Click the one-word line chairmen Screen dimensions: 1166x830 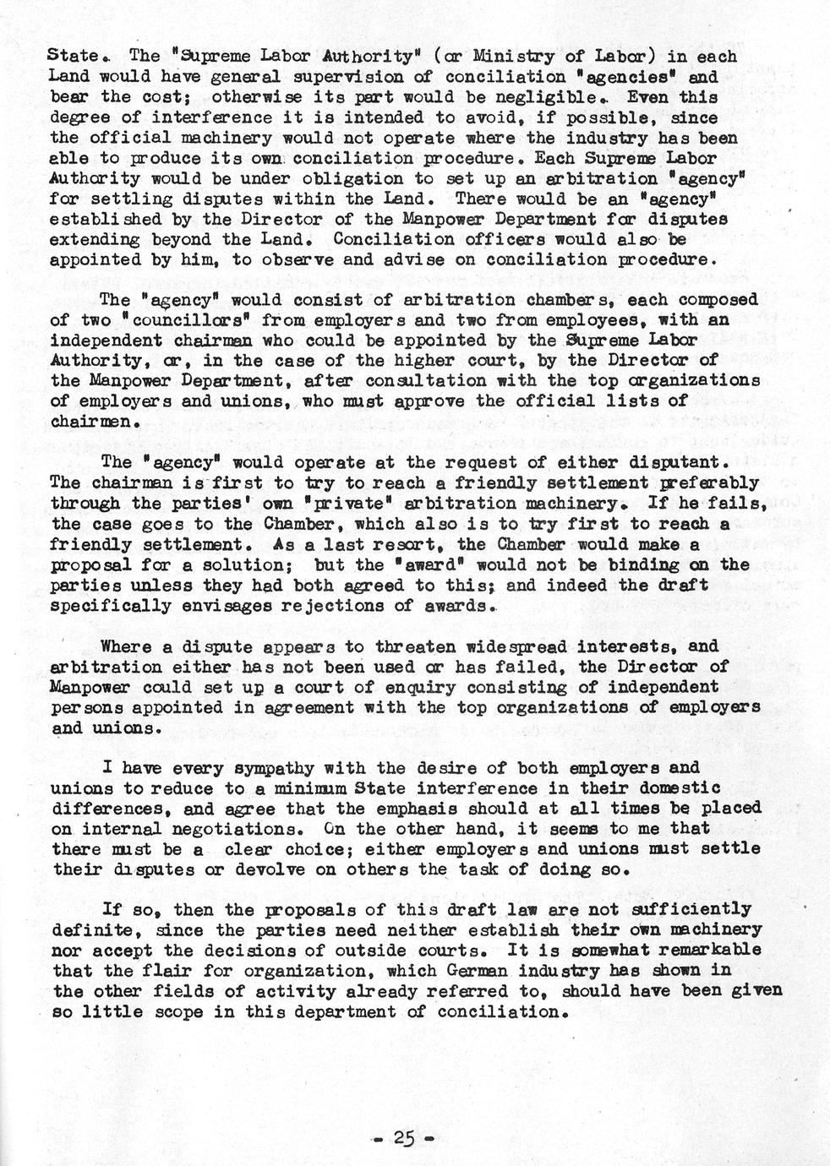pyautogui.click(x=93, y=422)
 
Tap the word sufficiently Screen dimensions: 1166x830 pyautogui.click(x=677, y=909)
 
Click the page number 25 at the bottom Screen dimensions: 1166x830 pyautogui.click(x=404, y=1139)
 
